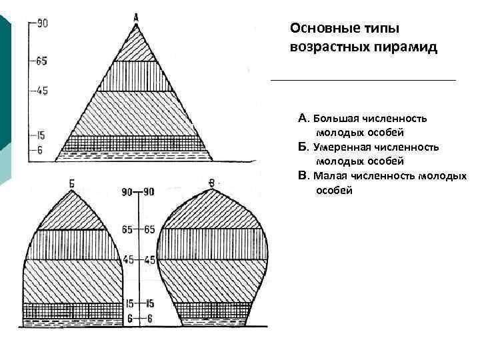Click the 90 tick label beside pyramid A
coord(42,24)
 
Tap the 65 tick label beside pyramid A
coord(42,61)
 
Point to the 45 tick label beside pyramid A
coord(42,90)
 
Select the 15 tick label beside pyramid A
coord(40,135)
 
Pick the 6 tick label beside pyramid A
coord(39,151)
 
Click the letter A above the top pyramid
coord(136,17)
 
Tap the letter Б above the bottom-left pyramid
coord(72,182)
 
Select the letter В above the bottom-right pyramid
coord(211,182)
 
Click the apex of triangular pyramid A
coord(136,26)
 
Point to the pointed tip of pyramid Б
coord(72,191)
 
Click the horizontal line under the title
coord(363,80)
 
